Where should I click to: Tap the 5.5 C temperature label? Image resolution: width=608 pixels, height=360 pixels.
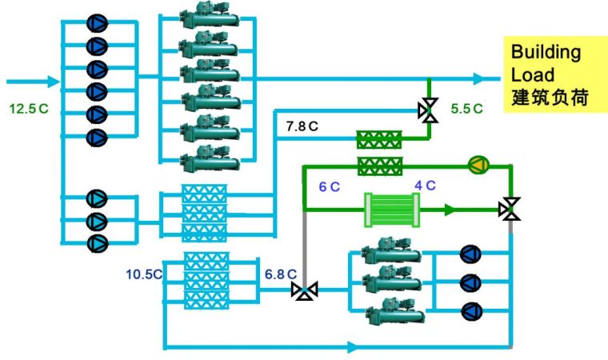click(466, 108)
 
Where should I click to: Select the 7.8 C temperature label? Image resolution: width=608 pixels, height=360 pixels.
click(302, 126)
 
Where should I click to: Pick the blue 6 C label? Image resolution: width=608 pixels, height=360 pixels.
click(329, 186)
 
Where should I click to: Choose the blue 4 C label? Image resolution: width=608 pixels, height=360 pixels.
click(424, 186)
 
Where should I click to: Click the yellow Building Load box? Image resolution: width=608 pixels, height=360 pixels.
click(551, 76)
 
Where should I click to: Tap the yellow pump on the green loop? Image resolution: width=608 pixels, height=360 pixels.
click(478, 166)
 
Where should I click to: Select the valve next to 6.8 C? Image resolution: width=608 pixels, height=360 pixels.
click(305, 290)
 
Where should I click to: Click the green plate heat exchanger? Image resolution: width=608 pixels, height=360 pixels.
click(392, 210)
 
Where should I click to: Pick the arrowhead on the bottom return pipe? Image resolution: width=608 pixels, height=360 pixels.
click(353, 347)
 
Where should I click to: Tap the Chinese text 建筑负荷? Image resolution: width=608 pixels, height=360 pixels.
click(550, 99)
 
